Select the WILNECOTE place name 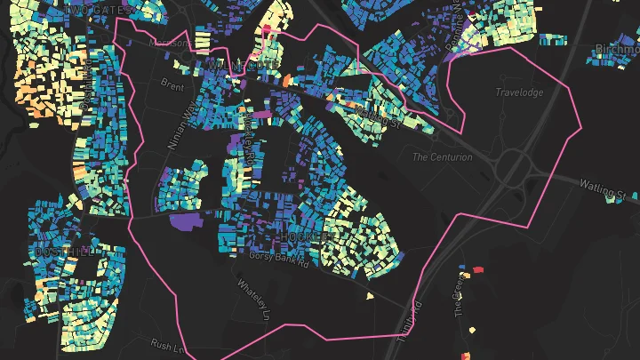(x=242, y=66)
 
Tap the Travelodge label (x=518, y=91)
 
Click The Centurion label (x=439, y=157)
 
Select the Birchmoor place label (x=617, y=50)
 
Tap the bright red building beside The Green (x=477, y=268)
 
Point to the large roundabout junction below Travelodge (x=513, y=166)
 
